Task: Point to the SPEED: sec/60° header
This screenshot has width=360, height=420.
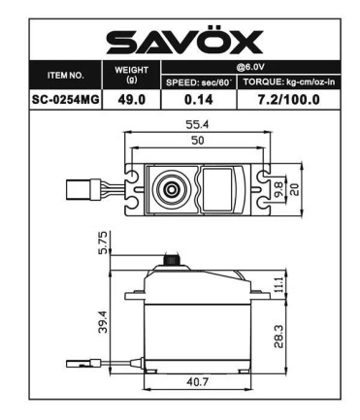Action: click(x=198, y=82)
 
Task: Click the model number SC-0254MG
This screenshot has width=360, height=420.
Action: click(x=74, y=99)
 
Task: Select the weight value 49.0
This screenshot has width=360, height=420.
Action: click(x=132, y=99)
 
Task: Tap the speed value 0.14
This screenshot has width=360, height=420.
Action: click(x=198, y=99)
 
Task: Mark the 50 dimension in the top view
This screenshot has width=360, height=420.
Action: click(x=199, y=143)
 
